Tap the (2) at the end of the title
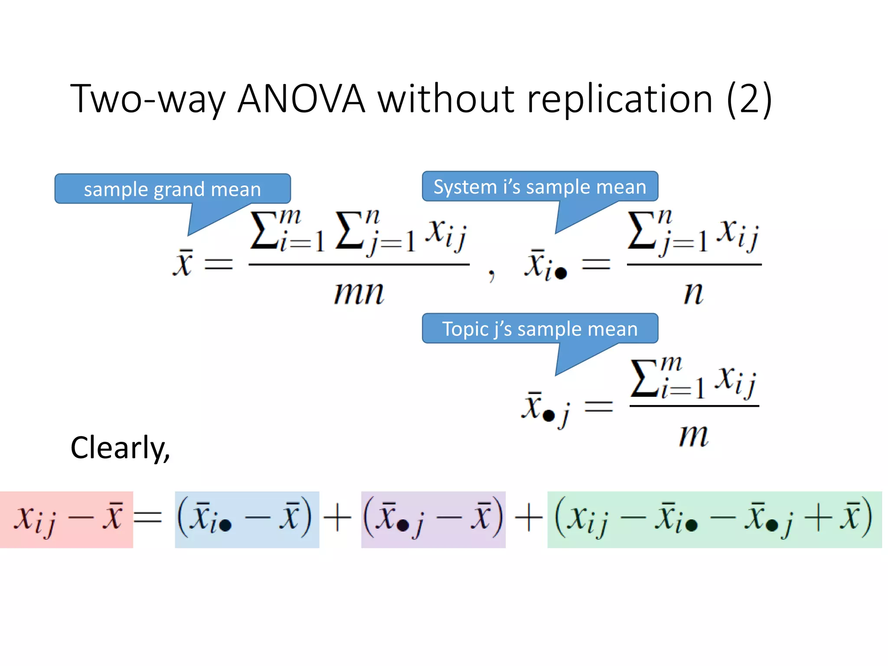749,99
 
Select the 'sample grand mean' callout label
172,189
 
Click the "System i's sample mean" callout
540,186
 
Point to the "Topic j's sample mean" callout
540,329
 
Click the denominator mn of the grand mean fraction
359,293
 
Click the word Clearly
120,447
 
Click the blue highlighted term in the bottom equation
247,519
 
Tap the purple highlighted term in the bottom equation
433,519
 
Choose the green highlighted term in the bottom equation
714,519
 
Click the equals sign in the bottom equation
148,518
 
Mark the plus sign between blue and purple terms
338,518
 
